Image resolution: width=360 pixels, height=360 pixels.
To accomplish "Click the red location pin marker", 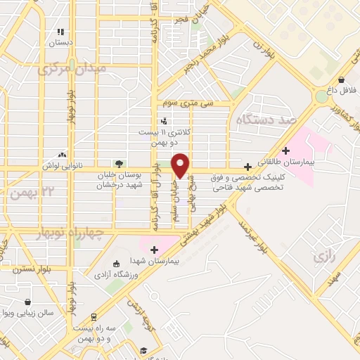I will click(181, 165).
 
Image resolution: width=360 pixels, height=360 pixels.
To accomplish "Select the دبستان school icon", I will click(61, 32).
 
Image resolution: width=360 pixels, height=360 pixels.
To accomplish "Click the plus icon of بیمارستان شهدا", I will click(155, 249).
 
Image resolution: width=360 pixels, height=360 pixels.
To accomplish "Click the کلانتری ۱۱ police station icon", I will click(163, 120).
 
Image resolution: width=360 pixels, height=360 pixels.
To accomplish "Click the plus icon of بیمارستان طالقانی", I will click(285, 150).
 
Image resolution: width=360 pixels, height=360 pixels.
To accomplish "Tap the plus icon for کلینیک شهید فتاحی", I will click(247, 167).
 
